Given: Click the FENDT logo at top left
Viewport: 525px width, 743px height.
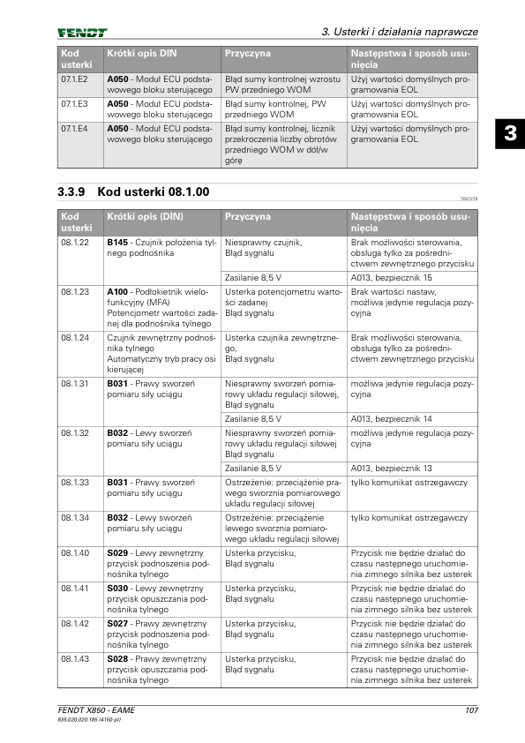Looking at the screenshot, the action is [x=83, y=33].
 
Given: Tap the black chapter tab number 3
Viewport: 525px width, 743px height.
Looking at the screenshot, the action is [x=510, y=135].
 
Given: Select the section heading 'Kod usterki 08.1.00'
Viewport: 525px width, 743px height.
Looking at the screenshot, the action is [x=133, y=191].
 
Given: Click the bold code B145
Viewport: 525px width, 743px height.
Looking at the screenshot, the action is [x=117, y=242].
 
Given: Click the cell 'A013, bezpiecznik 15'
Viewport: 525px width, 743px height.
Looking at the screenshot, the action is [x=392, y=277].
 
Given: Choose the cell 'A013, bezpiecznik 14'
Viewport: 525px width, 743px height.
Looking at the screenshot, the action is [x=392, y=418].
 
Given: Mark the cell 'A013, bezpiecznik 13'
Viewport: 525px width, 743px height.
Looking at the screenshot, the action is [x=392, y=468].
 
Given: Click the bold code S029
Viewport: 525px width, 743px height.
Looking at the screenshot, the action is [x=117, y=552].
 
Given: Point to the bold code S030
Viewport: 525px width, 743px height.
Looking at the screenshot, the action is [x=117, y=588].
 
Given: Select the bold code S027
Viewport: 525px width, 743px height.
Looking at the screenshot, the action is [x=117, y=623].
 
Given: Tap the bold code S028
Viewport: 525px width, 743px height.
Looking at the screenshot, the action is [x=117, y=658].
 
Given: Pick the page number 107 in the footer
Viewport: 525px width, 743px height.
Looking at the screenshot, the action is [x=470, y=711].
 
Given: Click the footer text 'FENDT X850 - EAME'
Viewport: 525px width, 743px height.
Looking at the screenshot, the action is [x=96, y=711].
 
